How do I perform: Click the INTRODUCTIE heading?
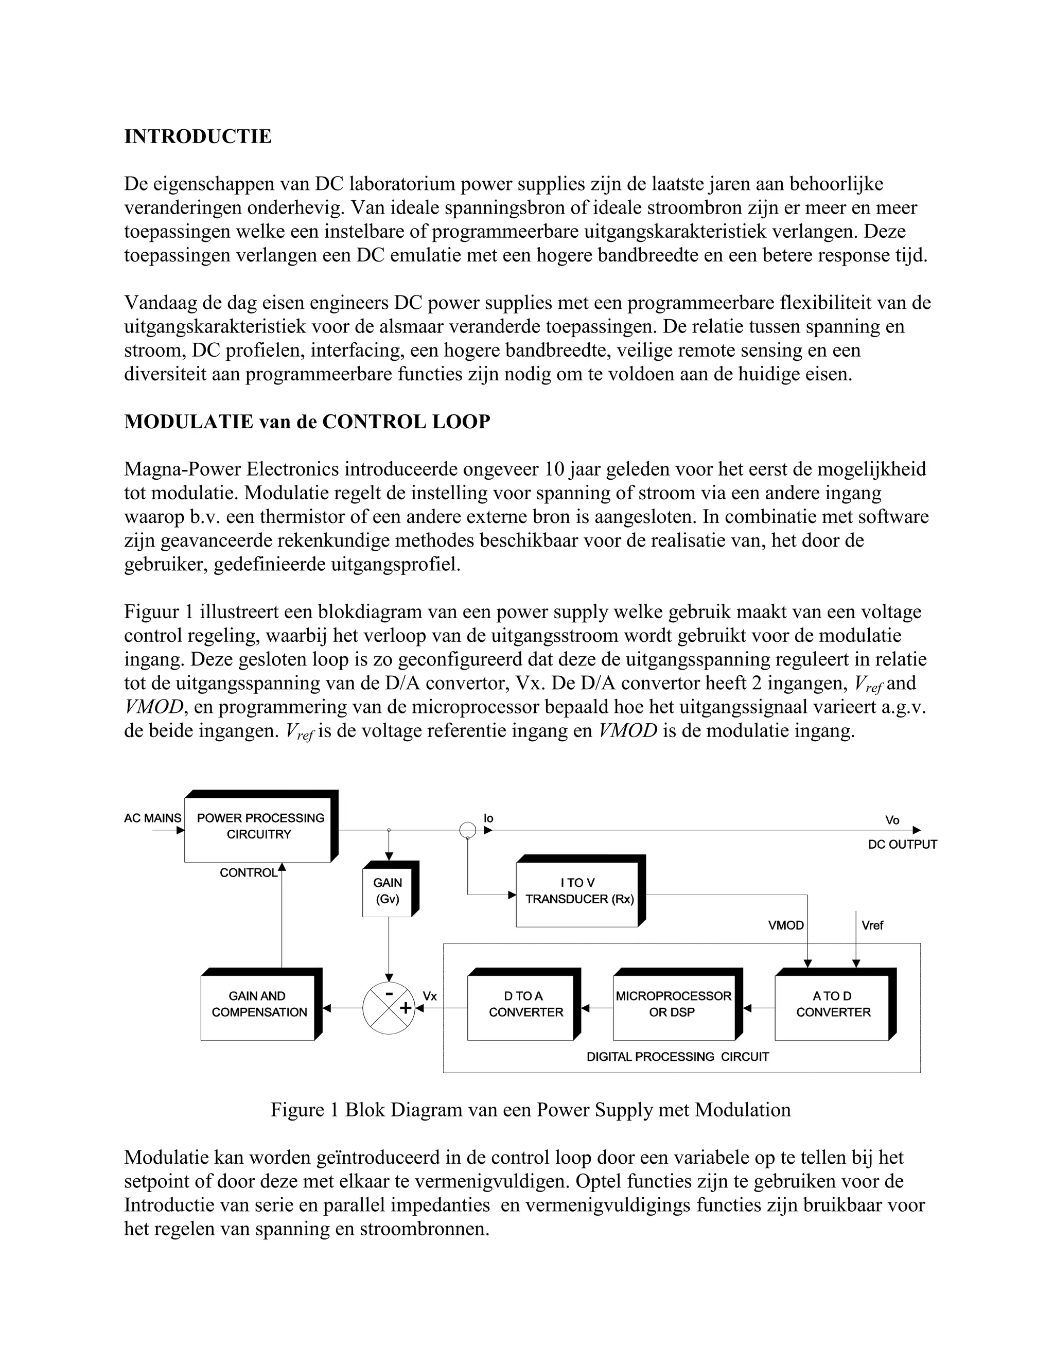coord(198,136)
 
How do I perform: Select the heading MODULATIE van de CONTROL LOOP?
coord(307,422)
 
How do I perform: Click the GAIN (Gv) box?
coord(387,890)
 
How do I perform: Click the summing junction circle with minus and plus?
coord(389,1007)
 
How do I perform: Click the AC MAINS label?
coord(152,818)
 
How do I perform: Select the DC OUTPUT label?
coord(902,844)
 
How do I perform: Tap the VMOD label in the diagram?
coord(785,925)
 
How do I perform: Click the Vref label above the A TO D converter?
coord(872,925)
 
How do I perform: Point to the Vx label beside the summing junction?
coord(430,996)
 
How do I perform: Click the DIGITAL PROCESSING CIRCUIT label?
coord(677,1057)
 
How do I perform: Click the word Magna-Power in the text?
coord(179,468)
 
